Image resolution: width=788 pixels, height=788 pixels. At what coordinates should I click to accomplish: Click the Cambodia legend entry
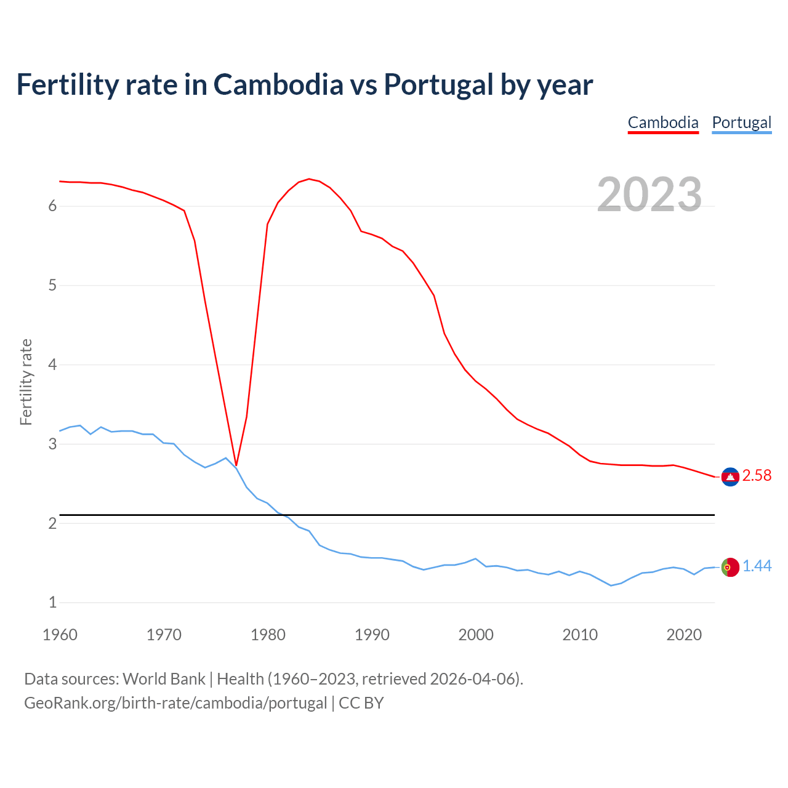pos(663,123)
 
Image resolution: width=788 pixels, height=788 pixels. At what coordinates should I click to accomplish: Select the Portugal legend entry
pos(741,123)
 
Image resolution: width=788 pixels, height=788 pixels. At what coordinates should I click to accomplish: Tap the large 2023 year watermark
pos(649,195)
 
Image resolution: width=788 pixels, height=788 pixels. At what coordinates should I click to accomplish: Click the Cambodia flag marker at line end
pos(730,476)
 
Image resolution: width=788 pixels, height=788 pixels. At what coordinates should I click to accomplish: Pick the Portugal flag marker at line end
pos(730,567)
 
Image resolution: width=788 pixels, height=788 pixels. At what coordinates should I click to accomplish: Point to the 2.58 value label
pos(757,476)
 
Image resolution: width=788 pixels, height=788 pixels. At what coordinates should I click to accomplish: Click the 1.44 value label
pos(757,566)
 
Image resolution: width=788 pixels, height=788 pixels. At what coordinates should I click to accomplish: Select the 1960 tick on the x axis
pos(60,635)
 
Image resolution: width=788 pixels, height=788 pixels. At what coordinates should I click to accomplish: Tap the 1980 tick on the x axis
pos(268,635)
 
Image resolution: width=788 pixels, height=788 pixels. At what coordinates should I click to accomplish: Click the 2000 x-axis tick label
pos(476,635)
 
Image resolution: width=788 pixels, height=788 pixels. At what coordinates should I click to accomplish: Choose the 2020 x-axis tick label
pos(684,635)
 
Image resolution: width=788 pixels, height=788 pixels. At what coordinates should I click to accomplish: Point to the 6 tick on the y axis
pos(52,206)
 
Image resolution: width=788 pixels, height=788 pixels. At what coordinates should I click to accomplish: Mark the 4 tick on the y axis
pos(52,364)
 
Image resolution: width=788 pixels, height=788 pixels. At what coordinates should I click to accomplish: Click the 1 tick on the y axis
pos(52,603)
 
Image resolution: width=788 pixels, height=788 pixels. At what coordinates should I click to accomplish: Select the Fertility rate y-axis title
pos(26,382)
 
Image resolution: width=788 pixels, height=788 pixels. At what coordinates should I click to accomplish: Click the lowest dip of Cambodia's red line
pos(236,465)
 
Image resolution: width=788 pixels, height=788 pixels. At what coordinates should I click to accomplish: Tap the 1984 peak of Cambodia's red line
pos(309,179)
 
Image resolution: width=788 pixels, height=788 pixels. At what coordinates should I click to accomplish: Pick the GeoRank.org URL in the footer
pos(175,703)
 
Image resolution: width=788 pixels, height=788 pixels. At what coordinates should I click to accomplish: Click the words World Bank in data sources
pos(164,679)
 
